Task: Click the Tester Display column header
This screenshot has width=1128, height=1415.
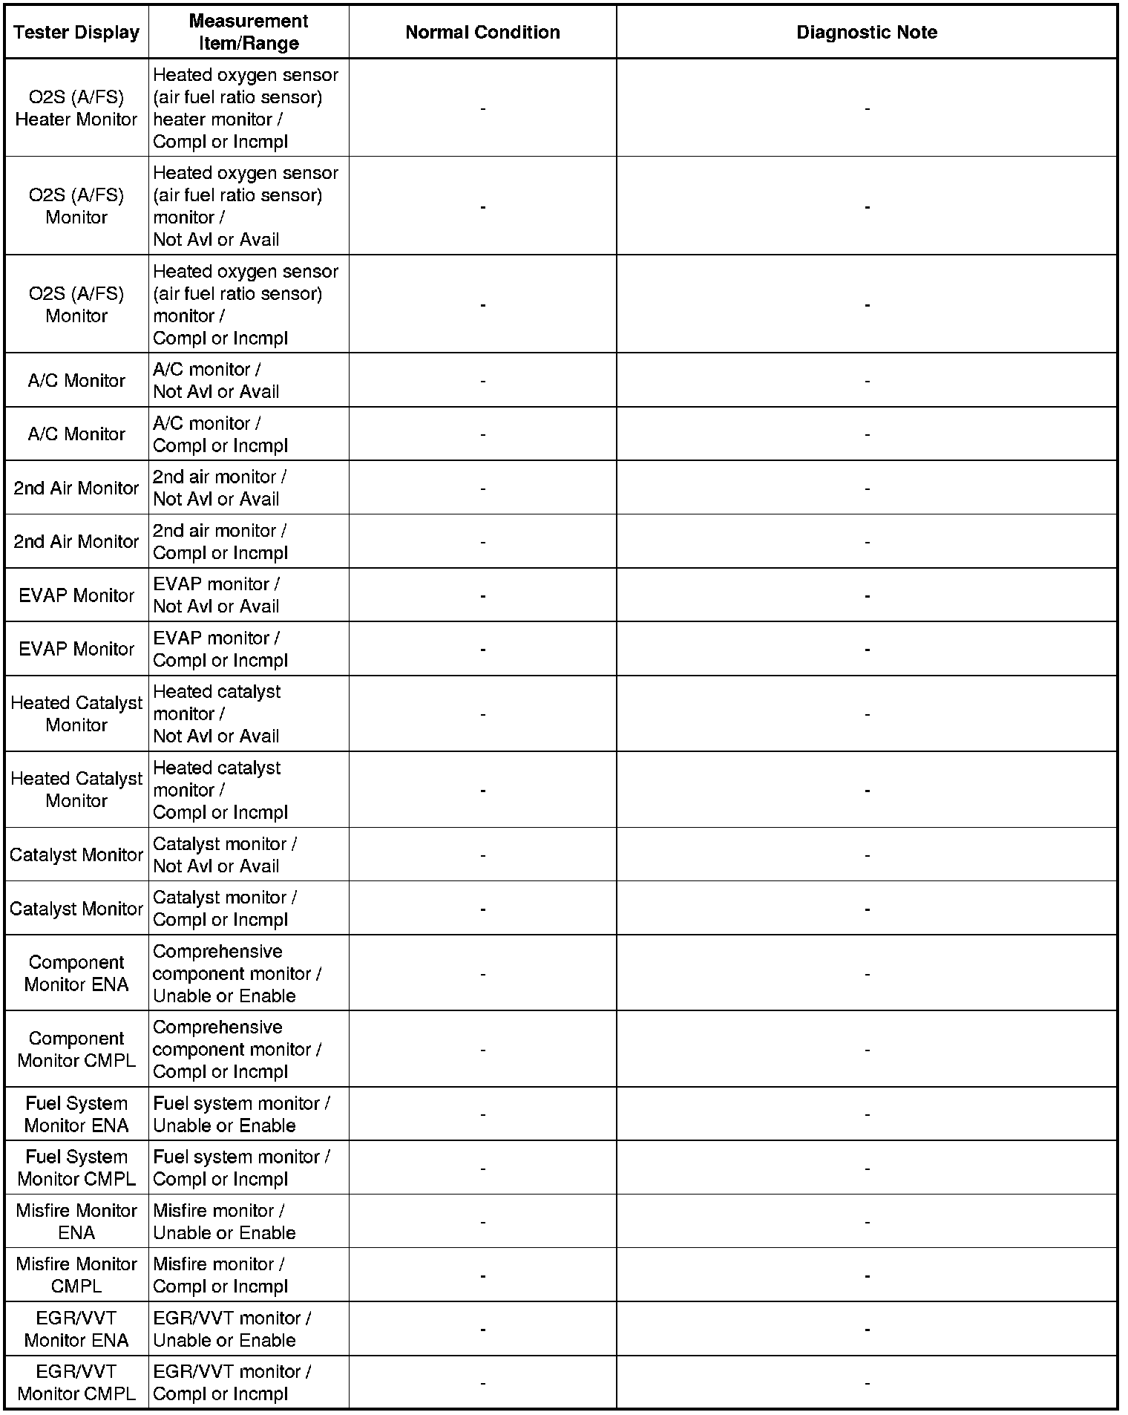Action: tap(76, 33)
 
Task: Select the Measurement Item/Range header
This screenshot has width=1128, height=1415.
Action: tap(249, 32)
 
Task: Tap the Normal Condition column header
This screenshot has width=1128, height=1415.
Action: tap(482, 33)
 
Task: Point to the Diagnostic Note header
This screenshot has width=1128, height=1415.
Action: tap(866, 33)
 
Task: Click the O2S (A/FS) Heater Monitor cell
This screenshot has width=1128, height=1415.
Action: tap(76, 108)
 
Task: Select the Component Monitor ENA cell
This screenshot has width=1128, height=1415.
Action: tap(76, 973)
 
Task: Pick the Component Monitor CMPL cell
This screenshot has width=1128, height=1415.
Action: tap(76, 1049)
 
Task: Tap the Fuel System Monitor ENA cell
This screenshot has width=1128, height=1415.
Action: tap(76, 1114)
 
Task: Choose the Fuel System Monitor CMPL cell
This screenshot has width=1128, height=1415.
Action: tap(76, 1168)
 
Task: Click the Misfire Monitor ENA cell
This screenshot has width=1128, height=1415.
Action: tap(76, 1221)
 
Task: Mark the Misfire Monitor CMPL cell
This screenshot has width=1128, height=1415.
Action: tap(76, 1275)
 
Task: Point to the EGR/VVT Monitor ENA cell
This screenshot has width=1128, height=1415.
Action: tap(76, 1329)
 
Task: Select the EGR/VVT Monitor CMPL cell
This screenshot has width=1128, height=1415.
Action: tap(76, 1382)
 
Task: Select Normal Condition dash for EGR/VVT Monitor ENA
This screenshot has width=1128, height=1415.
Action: tap(482, 1330)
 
